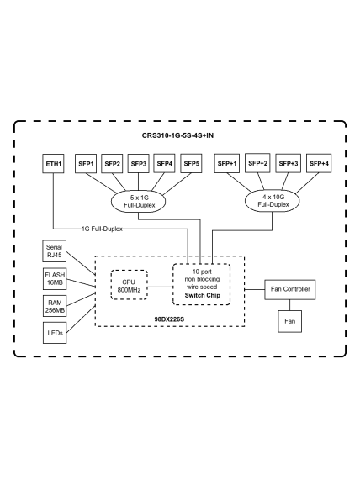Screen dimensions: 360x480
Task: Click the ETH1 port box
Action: (53, 164)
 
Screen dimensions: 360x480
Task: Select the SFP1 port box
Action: (86, 164)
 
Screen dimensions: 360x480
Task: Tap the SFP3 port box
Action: (138, 164)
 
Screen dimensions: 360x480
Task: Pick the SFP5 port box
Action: (191, 164)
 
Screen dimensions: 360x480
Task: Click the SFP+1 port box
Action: (227, 164)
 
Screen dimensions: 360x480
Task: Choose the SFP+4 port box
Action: (319, 163)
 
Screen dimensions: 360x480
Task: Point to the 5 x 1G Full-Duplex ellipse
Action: (138, 202)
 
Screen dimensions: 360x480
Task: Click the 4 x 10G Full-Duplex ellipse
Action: (272, 201)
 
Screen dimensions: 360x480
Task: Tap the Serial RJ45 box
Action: (54, 251)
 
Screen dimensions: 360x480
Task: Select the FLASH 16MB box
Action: (55, 279)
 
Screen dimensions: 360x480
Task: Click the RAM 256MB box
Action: (55, 306)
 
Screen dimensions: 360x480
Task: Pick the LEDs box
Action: (55, 333)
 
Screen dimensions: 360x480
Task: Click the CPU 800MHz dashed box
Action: (129, 285)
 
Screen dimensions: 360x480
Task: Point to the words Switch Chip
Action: (202, 295)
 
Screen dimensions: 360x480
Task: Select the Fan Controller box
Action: (290, 289)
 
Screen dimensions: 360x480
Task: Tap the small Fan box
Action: (290, 321)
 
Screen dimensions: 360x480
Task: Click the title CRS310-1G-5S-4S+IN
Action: (177, 135)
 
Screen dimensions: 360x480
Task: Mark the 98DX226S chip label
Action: (169, 319)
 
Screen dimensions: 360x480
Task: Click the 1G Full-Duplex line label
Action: (102, 229)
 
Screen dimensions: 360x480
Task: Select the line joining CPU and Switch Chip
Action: (161, 287)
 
